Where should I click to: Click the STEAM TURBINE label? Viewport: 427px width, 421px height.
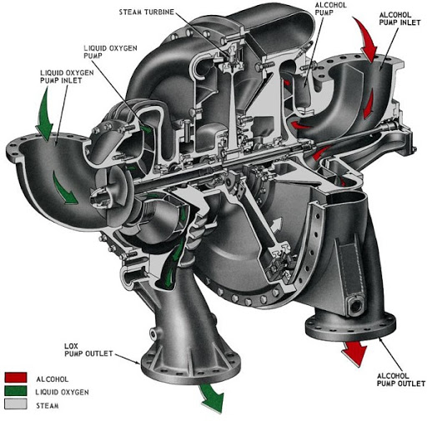tap(147, 13)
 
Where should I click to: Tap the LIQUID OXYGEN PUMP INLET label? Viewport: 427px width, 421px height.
tap(67, 77)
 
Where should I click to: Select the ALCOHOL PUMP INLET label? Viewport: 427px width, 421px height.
tap(400, 18)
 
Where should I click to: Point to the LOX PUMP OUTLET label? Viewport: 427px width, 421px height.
tap(88, 350)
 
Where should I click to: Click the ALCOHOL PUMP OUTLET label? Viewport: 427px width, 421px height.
tap(401, 380)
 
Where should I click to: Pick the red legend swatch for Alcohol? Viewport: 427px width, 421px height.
tap(16, 378)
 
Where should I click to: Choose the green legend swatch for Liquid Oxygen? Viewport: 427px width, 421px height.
tap(16, 390)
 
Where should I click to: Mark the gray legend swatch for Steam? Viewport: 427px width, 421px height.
tap(16, 403)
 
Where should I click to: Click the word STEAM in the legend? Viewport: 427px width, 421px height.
tap(48, 406)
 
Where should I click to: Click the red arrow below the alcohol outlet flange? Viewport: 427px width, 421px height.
tap(354, 353)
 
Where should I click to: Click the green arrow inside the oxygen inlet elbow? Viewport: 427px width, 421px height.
tap(63, 188)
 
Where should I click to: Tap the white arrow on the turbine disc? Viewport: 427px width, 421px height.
tap(277, 224)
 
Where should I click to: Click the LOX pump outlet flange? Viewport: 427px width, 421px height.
tap(191, 367)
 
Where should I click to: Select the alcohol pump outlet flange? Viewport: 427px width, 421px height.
tap(350, 328)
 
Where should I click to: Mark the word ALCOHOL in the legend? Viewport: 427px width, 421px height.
tap(53, 379)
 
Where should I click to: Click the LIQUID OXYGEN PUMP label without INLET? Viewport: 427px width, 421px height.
tap(110, 52)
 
